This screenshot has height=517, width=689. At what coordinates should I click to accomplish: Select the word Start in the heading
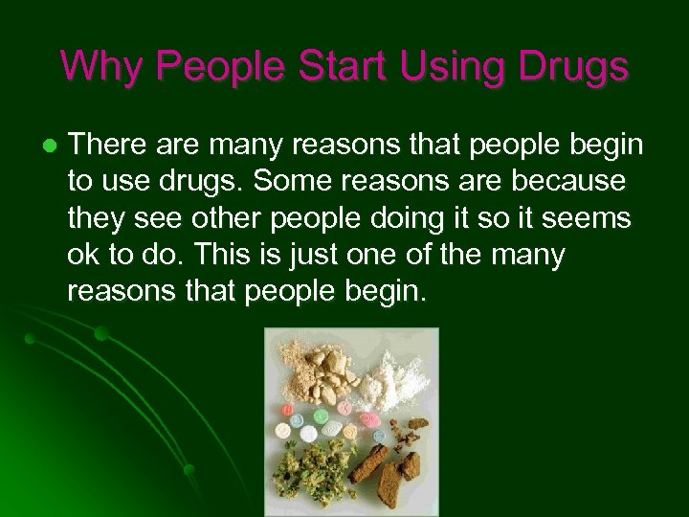point(338,66)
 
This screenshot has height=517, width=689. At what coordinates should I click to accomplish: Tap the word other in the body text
point(229,219)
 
